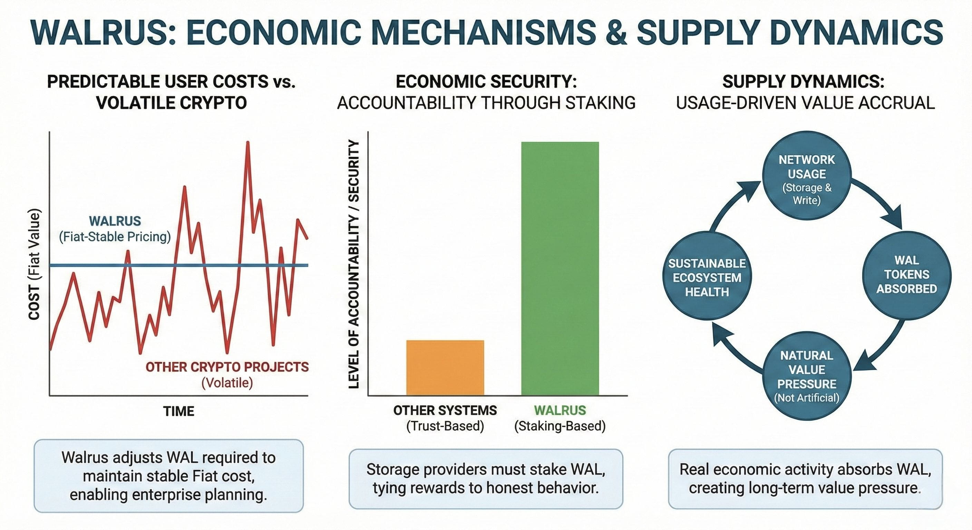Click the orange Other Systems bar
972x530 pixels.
pos(445,368)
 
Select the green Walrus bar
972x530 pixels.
pos(560,268)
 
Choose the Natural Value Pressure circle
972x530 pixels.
pos(807,375)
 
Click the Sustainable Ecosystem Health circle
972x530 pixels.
pos(707,276)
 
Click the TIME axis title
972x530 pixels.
pos(179,411)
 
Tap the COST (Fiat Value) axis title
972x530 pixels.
pos(34,264)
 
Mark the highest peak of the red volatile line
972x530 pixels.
pos(248,142)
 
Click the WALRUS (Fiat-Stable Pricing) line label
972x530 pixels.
pos(115,229)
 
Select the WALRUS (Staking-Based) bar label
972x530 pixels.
pos(560,418)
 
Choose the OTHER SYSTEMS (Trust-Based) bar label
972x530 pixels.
pos(445,418)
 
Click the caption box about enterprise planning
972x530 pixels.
pos(169,476)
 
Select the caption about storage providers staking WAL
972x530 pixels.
pos(486,479)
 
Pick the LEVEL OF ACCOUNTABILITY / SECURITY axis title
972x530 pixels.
pos(353,264)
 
